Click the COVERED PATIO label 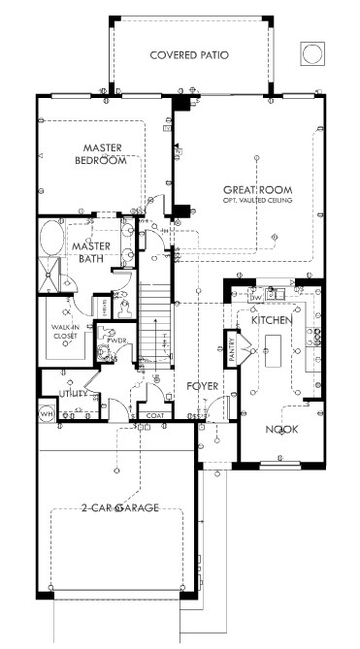189,55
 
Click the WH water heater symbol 45,414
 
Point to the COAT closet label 153,415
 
